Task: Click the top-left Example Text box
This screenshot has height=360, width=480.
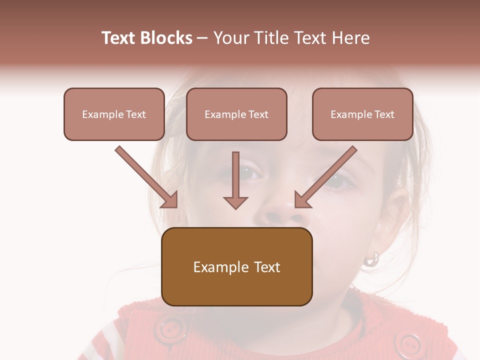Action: [114, 114]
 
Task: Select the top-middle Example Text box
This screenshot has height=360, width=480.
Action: [236, 114]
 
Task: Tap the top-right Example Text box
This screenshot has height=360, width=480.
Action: [362, 114]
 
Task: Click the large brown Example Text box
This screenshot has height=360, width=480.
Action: [236, 266]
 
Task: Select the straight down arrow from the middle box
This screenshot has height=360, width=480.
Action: [235, 180]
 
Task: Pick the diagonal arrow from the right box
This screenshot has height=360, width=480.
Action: [325, 177]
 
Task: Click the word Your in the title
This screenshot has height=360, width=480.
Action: [230, 38]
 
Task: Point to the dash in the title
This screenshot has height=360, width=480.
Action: [202, 38]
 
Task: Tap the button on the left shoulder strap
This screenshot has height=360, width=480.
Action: [170, 329]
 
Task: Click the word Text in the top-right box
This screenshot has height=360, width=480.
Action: [384, 114]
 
